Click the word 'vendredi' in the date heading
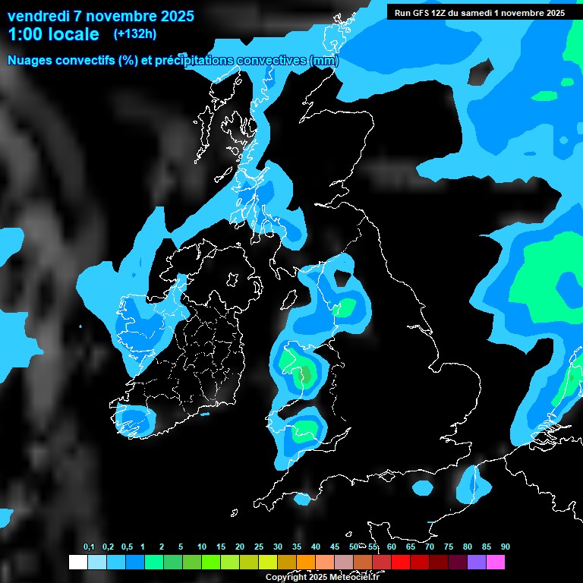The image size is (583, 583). [36, 16]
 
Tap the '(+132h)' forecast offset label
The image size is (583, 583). [134, 34]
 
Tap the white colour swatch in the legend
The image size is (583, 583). [77, 563]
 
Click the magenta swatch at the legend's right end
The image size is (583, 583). [496, 563]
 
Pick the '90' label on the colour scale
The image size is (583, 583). [505, 547]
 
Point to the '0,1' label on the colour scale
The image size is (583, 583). [89, 547]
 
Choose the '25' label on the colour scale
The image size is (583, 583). [259, 547]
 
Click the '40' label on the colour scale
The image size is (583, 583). [315, 547]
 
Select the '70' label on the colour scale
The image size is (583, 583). [429, 547]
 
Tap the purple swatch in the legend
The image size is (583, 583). [477, 563]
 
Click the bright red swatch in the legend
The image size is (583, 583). [401, 563]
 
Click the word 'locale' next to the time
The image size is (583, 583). [74, 35]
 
